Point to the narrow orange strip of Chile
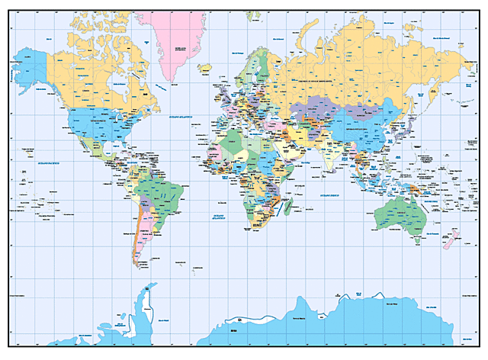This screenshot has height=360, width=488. coord(136,236)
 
